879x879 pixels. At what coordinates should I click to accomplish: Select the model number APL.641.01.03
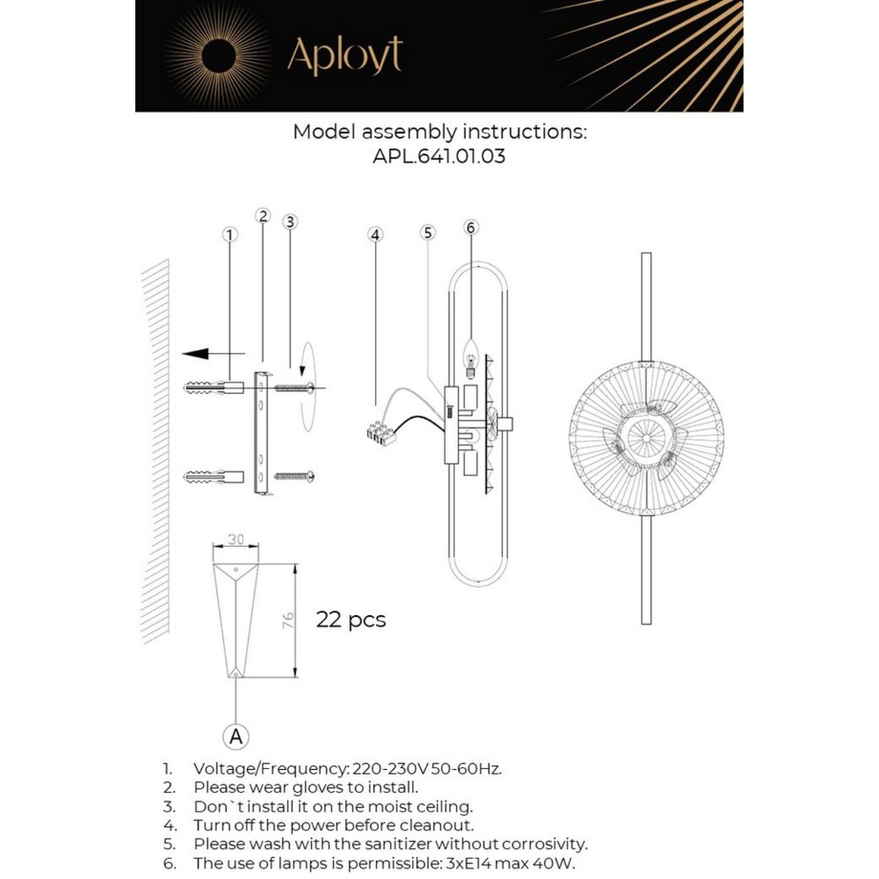coord(439,157)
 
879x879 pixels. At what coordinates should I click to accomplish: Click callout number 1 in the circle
coord(229,235)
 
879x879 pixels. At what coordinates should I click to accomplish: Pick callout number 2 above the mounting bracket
coord(263,216)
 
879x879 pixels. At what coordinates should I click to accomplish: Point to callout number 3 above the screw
coord(290,222)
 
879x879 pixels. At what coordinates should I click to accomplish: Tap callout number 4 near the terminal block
coord(375,235)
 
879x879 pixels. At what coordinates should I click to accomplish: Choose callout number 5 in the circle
coord(428,233)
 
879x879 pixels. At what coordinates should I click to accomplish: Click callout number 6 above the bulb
coord(470,227)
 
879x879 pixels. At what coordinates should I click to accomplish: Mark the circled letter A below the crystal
coord(236,737)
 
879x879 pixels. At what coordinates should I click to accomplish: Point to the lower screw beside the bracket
coord(295,475)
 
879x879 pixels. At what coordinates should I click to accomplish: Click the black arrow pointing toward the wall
coord(197,354)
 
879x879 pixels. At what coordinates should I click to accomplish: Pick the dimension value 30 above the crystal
coord(236,540)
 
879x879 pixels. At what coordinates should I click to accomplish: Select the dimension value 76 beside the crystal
coord(288,620)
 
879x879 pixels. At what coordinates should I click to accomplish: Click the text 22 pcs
coord(350,619)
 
